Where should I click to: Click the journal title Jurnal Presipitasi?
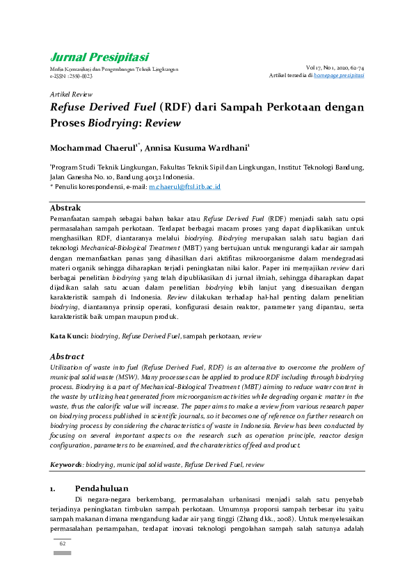coord(99,57)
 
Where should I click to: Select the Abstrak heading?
coord(65,208)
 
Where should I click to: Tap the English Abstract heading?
coord(67,356)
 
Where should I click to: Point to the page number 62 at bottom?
coord(61,543)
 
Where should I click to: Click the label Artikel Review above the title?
coord(71,93)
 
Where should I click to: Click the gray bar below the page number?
coord(61,554)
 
